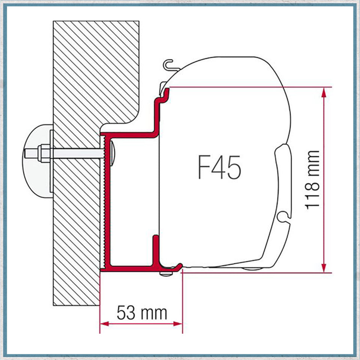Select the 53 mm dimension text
click(142, 313)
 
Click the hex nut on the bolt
click(42, 154)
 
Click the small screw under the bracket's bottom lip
click(164, 274)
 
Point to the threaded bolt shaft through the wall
click(75, 154)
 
